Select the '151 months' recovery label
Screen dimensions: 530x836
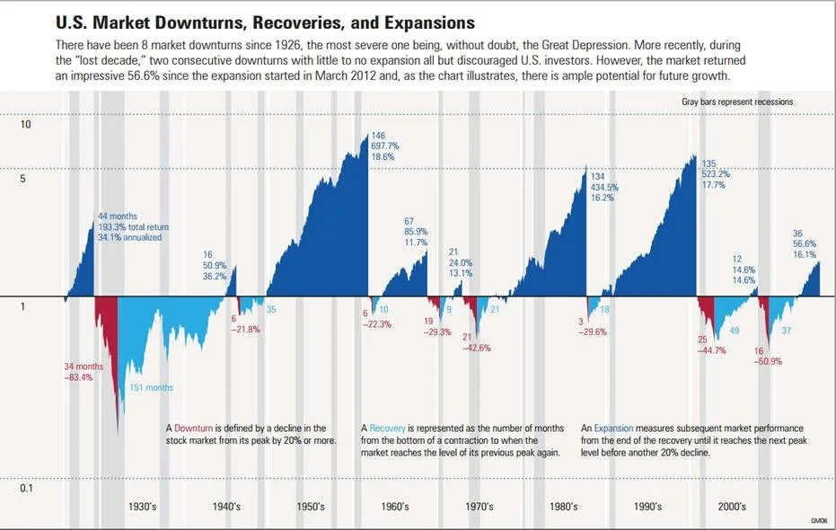coord(152,388)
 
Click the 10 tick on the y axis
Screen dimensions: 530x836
coord(25,125)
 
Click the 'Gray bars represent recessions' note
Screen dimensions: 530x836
coord(737,102)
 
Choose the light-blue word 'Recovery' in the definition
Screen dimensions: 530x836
coord(388,428)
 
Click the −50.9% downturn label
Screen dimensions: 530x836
coord(766,362)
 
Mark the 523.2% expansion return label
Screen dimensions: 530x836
coord(716,174)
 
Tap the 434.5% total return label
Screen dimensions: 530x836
coord(604,187)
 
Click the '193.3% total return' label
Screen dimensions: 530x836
coord(133,227)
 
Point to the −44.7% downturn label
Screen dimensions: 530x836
coord(715,350)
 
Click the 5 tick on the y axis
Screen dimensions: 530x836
coord(25,179)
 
